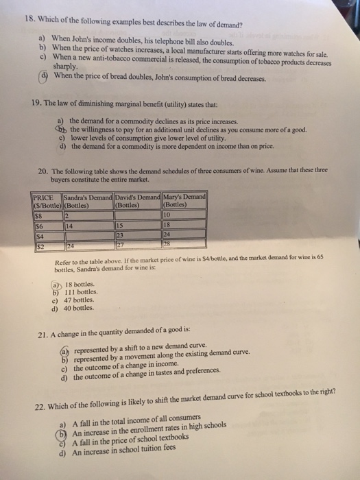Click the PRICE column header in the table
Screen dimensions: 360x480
tap(44, 199)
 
